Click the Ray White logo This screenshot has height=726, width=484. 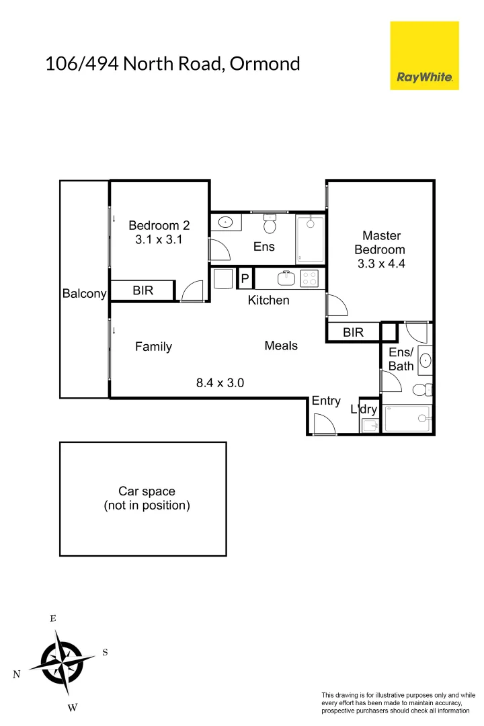click(424, 55)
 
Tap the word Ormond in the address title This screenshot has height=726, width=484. click(264, 64)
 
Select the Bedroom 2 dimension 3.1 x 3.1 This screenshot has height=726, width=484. click(155, 239)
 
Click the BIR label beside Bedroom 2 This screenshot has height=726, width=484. click(143, 290)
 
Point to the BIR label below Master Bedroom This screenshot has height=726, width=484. click(353, 332)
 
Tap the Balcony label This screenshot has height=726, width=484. click(84, 294)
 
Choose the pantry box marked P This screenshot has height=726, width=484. click(245, 278)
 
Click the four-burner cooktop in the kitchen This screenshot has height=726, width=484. click(309, 278)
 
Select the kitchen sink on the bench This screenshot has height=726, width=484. click(287, 278)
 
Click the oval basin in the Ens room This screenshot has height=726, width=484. click(225, 222)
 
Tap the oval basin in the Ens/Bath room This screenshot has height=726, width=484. click(425, 361)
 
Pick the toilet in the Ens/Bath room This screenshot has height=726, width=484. click(421, 389)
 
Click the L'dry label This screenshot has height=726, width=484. click(364, 409)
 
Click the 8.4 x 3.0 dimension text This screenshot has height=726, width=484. click(220, 383)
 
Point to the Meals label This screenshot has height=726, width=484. click(281, 346)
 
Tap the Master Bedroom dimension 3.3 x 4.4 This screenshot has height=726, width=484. click(381, 264)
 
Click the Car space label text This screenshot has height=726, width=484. click(147, 491)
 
